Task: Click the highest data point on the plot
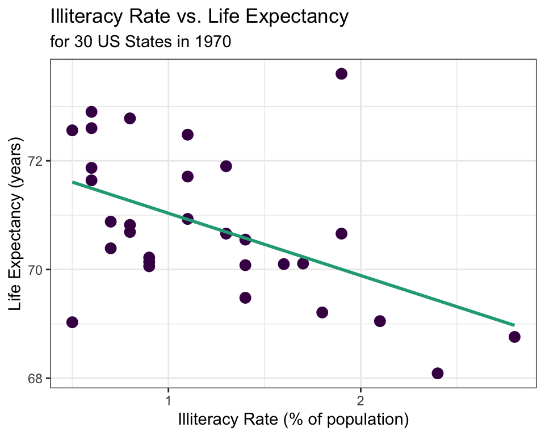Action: tap(341, 74)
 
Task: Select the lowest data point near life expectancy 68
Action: tap(437, 373)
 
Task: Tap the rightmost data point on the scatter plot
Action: tap(514, 337)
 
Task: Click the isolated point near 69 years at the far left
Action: tap(72, 322)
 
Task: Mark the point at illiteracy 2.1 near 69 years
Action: tap(380, 321)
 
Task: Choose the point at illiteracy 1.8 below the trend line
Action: tap(322, 312)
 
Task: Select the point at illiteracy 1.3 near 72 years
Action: tap(226, 166)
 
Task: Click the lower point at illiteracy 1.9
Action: tap(341, 234)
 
